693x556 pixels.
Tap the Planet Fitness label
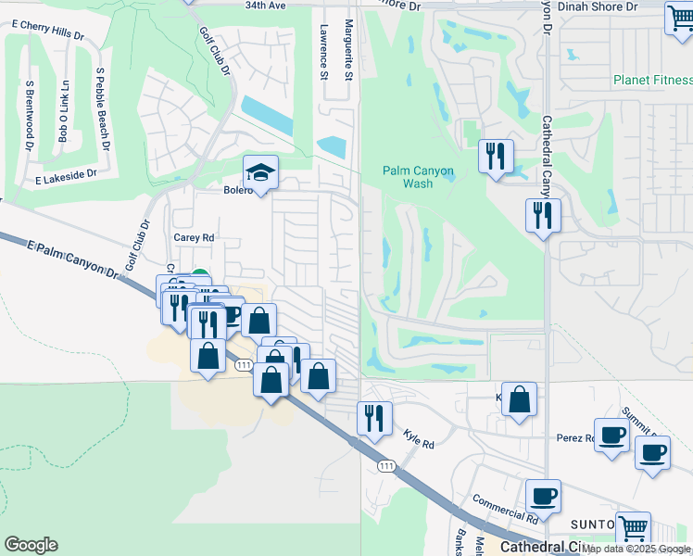(652, 80)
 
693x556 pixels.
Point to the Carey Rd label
(194, 237)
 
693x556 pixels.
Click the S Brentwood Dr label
(30, 116)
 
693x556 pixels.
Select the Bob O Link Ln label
(64, 112)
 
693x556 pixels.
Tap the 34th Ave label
(266, 6)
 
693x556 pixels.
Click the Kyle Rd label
(419, 438)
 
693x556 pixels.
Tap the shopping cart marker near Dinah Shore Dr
(680, 19)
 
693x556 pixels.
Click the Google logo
(31, 545)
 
